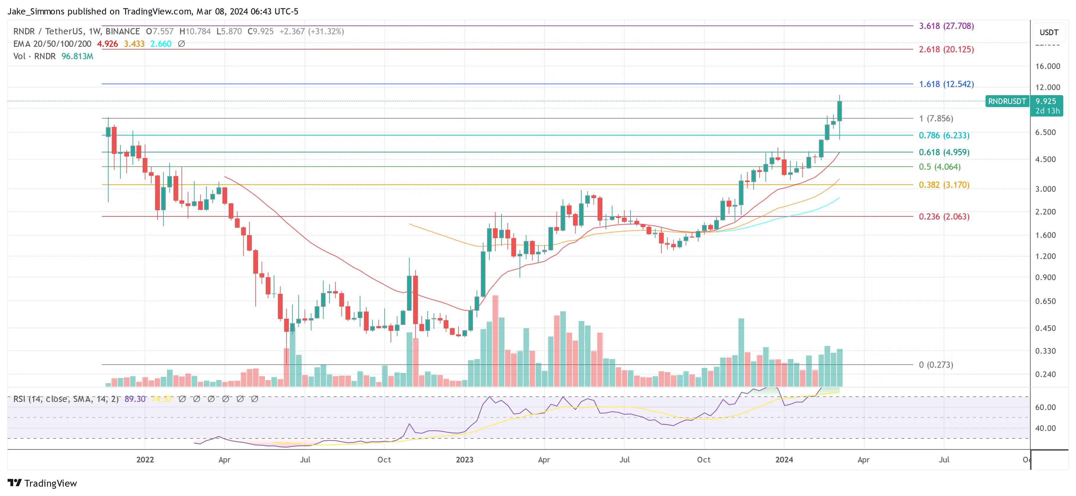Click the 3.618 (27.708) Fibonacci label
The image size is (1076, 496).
pos(946,26)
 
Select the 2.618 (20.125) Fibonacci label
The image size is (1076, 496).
pos(946,49)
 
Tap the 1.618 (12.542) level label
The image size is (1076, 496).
pos(946,84)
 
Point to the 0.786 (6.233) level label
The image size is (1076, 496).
pos(944,135)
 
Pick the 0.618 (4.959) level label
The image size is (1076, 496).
pos(944,152)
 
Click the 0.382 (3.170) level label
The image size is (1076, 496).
pos(944,184)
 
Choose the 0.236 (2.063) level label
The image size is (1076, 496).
pos(944,216)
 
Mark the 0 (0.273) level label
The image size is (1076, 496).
pos(936,364)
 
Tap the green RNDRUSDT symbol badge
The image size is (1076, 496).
pos(1007,101)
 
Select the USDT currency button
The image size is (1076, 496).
pos(1048,32)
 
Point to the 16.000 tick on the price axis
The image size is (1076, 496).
pos(1047,66)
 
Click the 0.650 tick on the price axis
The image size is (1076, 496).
pos(1045,301)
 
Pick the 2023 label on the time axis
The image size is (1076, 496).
pos(464,460)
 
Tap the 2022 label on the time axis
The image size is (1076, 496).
pos(145,460)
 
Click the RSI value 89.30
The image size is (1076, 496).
pos(135,399)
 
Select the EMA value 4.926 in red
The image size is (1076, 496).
pos(107,44)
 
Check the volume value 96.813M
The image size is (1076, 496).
pos(77,56)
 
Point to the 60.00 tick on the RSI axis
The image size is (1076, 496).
pos(1045,407)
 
